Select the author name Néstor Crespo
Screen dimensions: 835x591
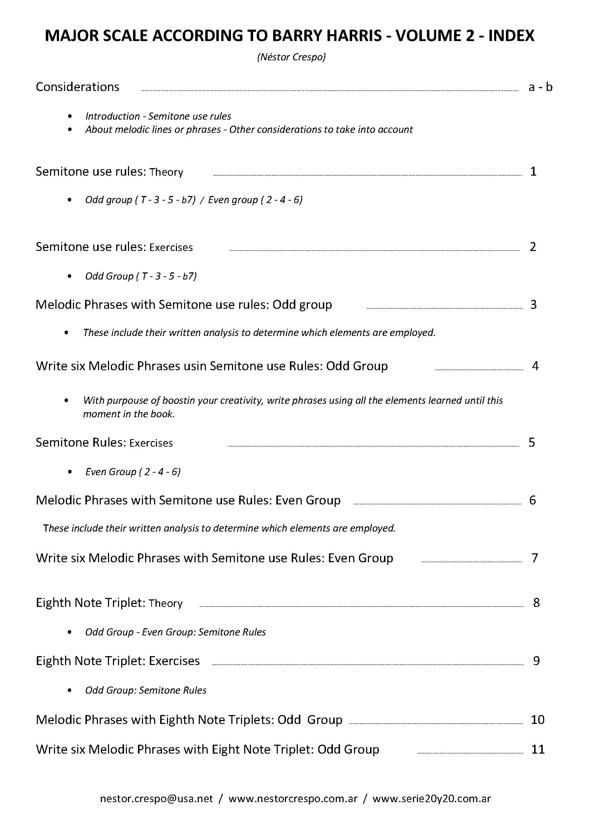click(x=291, y=57)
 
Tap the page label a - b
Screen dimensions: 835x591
click(x=540, y=87)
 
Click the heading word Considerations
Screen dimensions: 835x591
click(x=78, y=87)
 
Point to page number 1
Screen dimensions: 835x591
click(x=533, y=171)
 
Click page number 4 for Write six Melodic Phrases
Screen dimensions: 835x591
click(x=535, y=366)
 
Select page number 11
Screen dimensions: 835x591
click(x=538, y=749)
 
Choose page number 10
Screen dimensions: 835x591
click(x=537, y=720)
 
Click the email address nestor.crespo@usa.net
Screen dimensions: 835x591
click(x=156, y=799)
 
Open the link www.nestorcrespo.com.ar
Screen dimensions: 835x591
click(x=293, y=799)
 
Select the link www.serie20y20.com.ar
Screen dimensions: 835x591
click(x=432, y=799)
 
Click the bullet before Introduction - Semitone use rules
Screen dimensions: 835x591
click(x=70, y=116)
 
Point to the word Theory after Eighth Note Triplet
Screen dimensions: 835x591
click(x=166, y=603)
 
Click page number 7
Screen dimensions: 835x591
click(x=535, y=558)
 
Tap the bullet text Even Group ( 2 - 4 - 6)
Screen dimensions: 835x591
click(x=133, y=472)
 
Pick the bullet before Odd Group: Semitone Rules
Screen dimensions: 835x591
click(x=70, y=690)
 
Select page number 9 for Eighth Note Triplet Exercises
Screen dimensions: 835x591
click(x=536, y=661)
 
